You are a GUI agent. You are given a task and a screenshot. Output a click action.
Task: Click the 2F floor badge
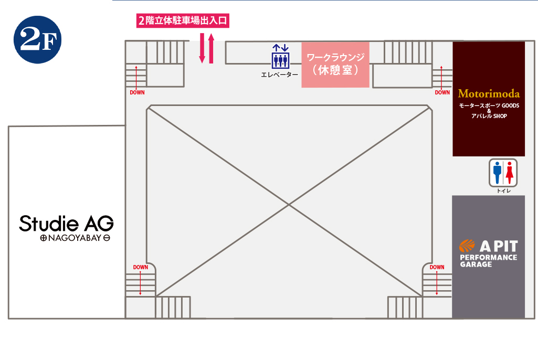[x=38, y=40]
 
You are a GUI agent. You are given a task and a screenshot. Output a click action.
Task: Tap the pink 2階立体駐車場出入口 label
[x=183, y=21]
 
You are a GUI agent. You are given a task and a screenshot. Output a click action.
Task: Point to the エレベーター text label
[x=280, y=75]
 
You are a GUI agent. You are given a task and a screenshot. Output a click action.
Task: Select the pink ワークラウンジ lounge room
[x=335, y=64]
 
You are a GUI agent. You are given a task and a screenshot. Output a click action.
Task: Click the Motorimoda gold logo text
[x=489, y=94]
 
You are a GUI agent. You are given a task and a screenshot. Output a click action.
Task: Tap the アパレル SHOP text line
[x=489, y=116]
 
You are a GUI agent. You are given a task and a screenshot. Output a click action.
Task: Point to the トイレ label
[x=503, y=192]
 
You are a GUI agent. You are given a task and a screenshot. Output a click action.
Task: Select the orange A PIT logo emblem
[x=467, y=246]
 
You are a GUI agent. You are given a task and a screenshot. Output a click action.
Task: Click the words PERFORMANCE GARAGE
[x=488, y=261]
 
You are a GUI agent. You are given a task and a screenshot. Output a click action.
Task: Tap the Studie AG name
[x=66, y=224]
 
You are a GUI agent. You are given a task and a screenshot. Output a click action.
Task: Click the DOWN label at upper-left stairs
[x=137, y=92]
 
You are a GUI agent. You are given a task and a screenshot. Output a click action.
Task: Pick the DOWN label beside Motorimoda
[x=442, y=92]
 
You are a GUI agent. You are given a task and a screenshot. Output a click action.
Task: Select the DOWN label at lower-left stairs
[x=140, y=267]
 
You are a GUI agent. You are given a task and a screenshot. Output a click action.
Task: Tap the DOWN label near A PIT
[x=437, y=267]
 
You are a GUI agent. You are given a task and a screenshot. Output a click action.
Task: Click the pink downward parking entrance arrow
[x=202, y=48]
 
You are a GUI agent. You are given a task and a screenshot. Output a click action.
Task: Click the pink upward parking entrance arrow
[x=212, y=48]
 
